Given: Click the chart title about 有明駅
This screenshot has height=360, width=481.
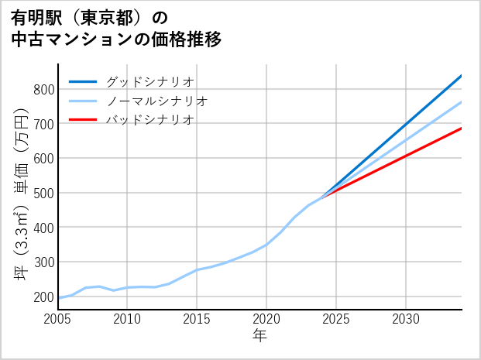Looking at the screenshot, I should [x=116, y=29].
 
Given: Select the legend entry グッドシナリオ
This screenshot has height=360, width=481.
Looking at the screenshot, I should [x=149, y=81].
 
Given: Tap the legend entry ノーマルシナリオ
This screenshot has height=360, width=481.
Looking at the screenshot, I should [x=156, y=101].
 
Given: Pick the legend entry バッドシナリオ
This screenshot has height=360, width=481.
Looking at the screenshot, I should [x=149, y=120].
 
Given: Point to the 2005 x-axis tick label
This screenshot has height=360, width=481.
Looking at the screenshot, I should [x=58, y=319].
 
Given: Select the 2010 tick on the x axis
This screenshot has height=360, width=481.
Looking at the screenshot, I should [x=127, y=319].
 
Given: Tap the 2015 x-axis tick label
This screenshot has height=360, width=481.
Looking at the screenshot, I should [x=197, y=319].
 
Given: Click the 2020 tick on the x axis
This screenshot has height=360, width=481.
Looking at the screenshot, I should [x=266, y=319].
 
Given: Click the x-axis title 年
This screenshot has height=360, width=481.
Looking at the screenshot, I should [x=259, y=336].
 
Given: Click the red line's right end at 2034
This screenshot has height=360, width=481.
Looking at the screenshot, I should [x=461, y=129].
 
